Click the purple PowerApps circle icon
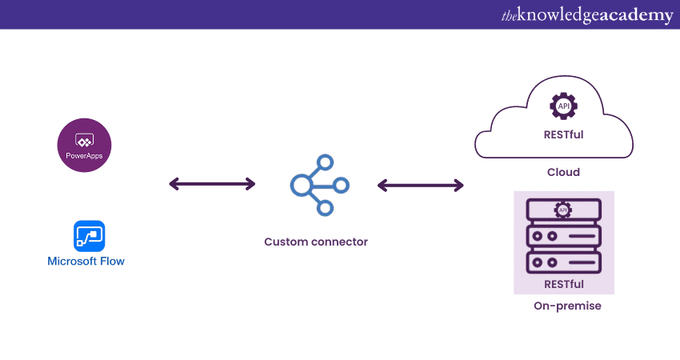(84, 147)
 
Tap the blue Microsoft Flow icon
(89, 236)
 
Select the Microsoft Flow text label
(86, 262)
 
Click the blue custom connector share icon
(319, 185)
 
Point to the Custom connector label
(316, 242)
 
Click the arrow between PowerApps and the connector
(212, 185)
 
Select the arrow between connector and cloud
(420, 186)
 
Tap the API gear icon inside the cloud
(564, 106)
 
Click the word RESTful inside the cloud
(563, 134)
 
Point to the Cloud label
(563, 172)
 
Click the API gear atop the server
(563, 210)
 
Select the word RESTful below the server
(563, 284)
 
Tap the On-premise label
(567, 306)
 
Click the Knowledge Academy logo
(587, 15)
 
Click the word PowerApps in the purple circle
(84, 154)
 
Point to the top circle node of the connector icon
(326, 161)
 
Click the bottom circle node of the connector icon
(325, 208)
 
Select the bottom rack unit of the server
(563, 262)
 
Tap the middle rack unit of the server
(563, 237)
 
